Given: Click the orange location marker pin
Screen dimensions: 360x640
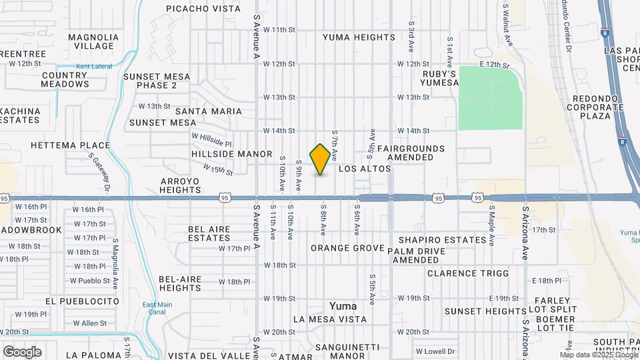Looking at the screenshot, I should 321,159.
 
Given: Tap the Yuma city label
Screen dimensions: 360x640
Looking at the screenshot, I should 343,306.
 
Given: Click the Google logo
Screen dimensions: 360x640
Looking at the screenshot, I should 22,351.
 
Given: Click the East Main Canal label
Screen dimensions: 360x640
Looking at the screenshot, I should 153,309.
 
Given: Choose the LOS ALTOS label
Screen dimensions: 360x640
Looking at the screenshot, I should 364,169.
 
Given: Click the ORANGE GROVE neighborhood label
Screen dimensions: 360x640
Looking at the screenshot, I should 347,248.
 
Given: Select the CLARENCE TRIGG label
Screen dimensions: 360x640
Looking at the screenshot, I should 468,273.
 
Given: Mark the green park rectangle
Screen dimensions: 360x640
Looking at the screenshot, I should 489,97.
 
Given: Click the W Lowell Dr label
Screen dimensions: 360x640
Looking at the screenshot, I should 435,351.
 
